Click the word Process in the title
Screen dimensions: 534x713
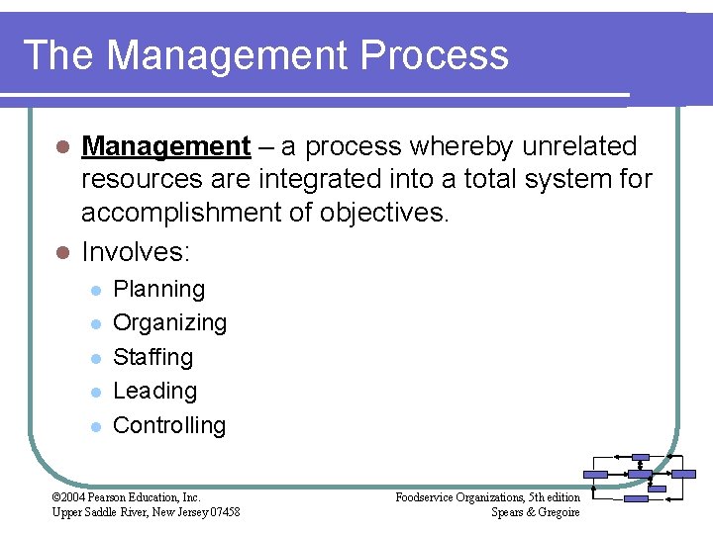[x=435, y=55]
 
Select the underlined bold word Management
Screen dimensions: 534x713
[x=165, y=147]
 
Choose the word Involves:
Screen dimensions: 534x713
[x=135, y=252]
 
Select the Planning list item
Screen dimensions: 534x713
[x=159, y=290]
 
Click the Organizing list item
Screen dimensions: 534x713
[x=170, y=323]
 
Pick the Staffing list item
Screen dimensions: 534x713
[x=153, y=357]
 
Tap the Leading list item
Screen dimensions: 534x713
[x=155, y=391]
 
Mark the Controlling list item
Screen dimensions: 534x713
[x=169, y=425]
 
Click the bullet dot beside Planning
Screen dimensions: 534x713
[x=95, y=291]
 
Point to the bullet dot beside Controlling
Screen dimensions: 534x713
[x=95, y=426]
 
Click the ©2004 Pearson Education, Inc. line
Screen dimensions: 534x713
[x=126, y=496]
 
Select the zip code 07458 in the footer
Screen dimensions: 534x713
[x=223, y=511]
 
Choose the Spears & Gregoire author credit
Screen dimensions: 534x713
[x=535, y=511]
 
